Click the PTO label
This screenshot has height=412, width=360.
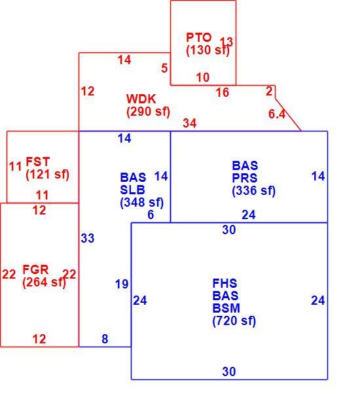198,37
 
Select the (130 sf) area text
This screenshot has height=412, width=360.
207,50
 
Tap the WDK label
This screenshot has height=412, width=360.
141,99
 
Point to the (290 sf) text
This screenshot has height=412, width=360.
149,112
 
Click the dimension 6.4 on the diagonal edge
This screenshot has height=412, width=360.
277,114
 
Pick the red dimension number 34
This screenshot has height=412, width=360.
190,123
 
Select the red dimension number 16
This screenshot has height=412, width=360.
223,92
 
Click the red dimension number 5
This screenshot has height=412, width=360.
164,68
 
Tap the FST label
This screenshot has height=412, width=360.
37,162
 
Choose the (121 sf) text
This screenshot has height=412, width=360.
48,175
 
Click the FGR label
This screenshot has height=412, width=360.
35,270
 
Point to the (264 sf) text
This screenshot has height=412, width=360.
44,283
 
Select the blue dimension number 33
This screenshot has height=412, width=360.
88,238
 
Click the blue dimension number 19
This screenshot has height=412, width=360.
122,284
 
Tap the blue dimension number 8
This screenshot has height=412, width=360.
105,339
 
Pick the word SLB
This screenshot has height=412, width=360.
132,190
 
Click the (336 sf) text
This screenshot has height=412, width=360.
254,191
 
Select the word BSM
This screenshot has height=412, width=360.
226,308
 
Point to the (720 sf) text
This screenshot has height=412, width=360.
234,321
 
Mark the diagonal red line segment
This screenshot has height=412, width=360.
288,114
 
